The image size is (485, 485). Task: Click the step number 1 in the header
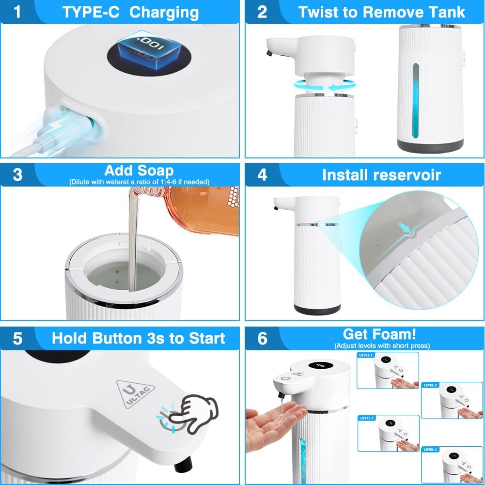click(18, 12)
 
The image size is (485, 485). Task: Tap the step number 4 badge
click(262, 174)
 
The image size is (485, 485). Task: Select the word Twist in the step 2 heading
click(317, 12)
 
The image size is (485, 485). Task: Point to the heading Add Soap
click(139, 171)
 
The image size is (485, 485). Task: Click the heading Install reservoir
click(381, 174)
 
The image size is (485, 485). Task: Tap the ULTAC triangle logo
click(135, 391)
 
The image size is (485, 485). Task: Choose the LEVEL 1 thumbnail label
click(366, 355)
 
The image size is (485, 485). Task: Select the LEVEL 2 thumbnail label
click(430, 385)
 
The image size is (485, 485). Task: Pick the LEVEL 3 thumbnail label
click(367, 418)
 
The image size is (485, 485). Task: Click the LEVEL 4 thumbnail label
click(430, 449)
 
